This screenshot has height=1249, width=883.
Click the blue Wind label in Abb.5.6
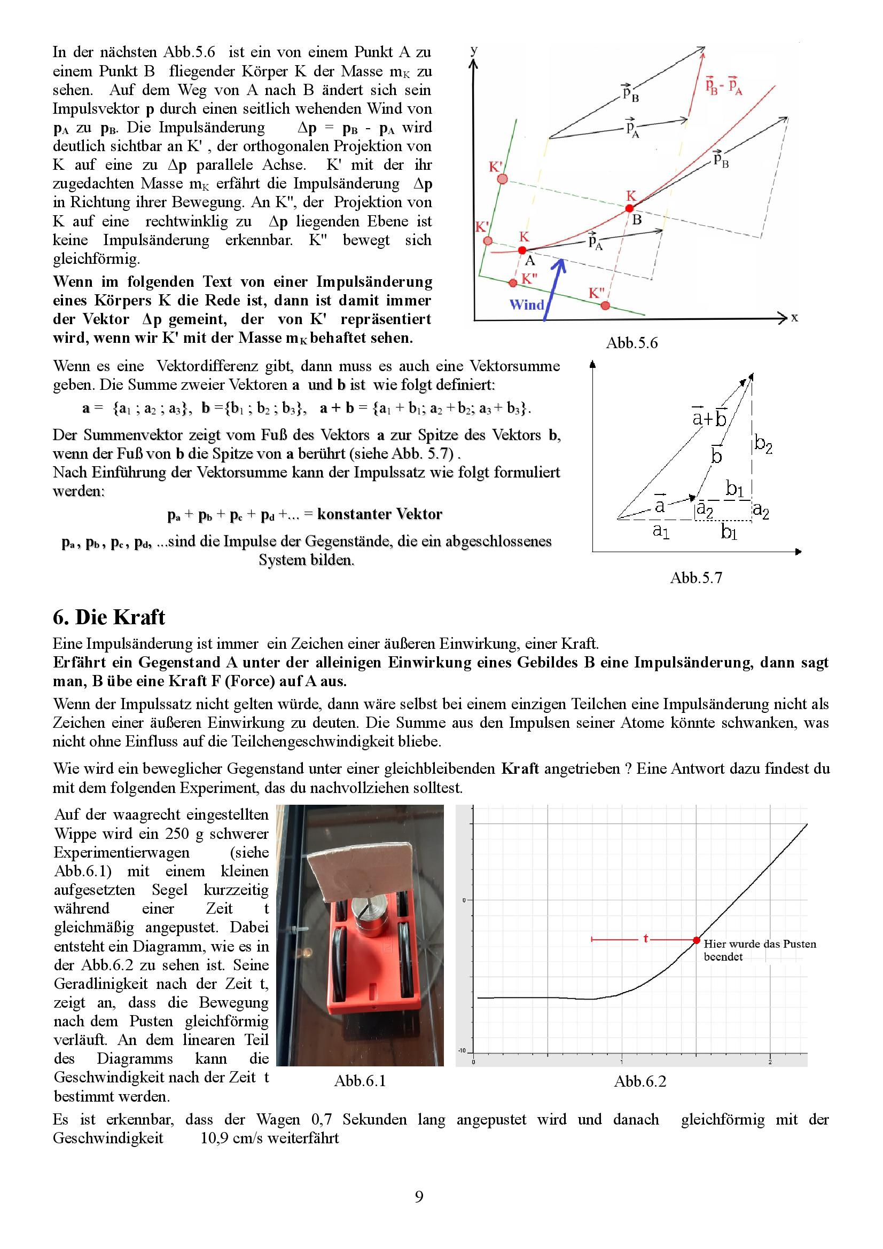(x=526, y=304)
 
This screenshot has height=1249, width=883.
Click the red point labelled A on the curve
(x=522, y=250)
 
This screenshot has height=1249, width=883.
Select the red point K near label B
(x=630, y=208)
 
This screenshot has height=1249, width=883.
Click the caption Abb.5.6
(x=631, y=343)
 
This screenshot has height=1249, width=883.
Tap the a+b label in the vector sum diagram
(x=709, y=418)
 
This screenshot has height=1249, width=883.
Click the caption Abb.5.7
(x=696, y=578)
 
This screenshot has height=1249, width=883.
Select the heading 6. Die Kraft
(x=109, y=617)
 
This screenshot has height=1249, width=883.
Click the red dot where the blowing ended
(x=696, y=940)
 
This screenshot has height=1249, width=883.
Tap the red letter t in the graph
(x=646, y=938)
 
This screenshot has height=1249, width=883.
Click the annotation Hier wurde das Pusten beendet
(x=760, y=950)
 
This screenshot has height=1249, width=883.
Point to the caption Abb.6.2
(x=640, y=1081)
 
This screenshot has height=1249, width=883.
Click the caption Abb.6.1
(x=360, y=1081)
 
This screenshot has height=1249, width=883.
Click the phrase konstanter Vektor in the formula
(x=379, y=514)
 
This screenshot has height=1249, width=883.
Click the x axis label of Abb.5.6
(x=794, y=318)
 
